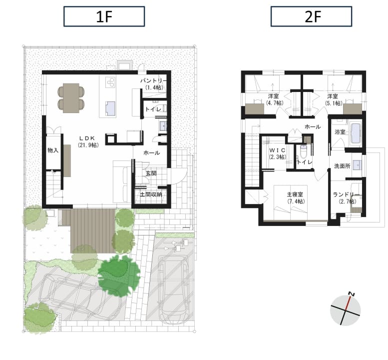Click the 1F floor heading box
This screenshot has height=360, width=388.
coord(104,16)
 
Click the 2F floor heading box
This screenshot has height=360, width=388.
coord(311,16)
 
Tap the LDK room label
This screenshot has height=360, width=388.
coord(88,141)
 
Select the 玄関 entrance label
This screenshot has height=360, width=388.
coord(151,173)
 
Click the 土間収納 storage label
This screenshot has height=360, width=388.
coord(151,194)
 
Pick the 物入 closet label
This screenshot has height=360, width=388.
coord(53,150)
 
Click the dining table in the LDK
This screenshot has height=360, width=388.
coord(71,98)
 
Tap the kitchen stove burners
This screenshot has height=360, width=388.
coord(110,82)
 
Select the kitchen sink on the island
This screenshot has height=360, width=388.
coord(110,109)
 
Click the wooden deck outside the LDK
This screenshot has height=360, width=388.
coord(93,230)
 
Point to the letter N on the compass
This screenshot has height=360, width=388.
coord(352,294)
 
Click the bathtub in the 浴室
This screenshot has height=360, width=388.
coord(356,133)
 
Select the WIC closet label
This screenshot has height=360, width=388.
coord(277,153)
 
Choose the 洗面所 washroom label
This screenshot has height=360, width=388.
coord(342,166)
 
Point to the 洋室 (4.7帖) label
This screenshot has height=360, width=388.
coord(275,99)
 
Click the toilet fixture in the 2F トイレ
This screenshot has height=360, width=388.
coord(304,151)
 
